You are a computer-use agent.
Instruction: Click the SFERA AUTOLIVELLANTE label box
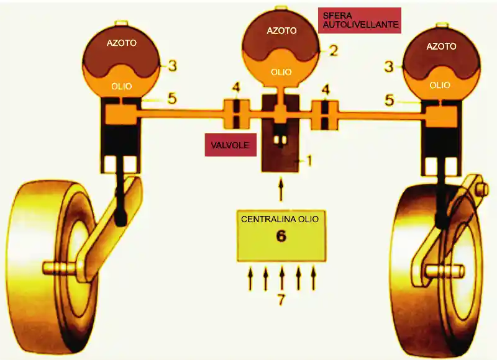(x=359, y=20)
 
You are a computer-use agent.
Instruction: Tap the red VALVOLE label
(x=230, y=145)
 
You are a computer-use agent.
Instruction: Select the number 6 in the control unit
(x=281, y=236)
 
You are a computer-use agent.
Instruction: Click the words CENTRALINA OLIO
(x=281, y=219)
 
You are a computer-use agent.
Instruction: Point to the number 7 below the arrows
(x=281, y=300)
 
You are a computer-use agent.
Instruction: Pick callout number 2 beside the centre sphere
(x=334, y=50)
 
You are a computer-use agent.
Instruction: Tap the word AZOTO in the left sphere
(x=121, y=43)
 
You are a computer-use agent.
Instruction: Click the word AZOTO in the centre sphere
(x=281, y=30)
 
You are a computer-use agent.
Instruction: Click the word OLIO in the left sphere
(x=121, y=86)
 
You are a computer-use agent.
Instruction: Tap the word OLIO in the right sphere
(x=440, y=85)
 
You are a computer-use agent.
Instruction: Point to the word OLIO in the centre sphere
(x=281, y=72)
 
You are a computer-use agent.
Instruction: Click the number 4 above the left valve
(x=235, y=87)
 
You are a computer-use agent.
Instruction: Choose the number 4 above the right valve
(x=325, y=87)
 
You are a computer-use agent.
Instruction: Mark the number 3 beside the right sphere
(x=389, y=66)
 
